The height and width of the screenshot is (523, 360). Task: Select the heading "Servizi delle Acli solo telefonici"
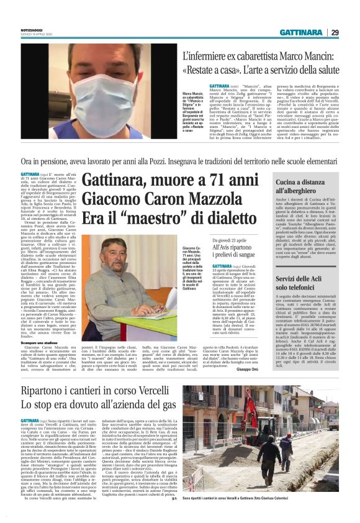pos(300,284)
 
